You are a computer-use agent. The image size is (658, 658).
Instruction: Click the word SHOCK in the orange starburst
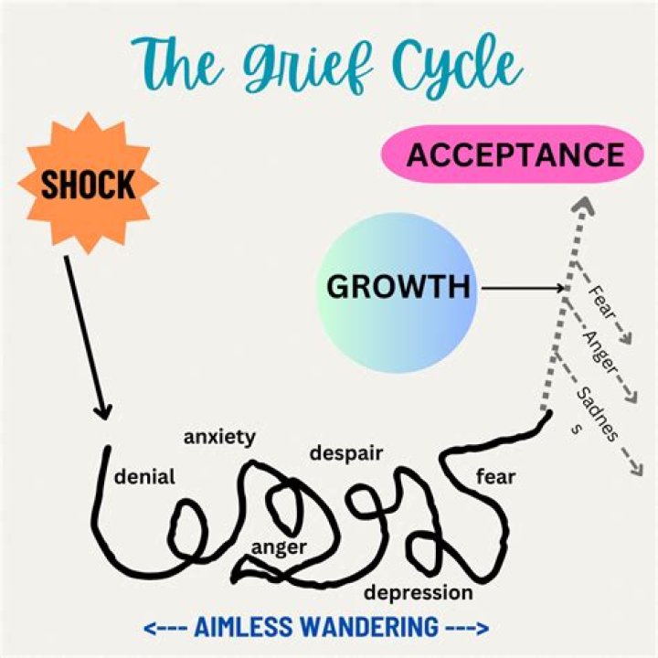(x=88, y=185)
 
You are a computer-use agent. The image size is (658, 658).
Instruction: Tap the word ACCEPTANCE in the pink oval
(x=515, y=154)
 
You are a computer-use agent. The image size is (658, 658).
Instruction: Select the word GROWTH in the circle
(x=398, y=287)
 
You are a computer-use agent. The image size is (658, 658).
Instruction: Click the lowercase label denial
(x=144, y=477)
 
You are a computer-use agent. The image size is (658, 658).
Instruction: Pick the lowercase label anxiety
(x=219, y=438)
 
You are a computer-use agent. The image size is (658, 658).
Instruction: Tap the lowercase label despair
(x=346, y=453)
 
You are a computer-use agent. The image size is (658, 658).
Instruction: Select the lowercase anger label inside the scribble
(x=279, y=547)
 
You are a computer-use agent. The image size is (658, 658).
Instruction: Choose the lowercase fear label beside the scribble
(x=495, y=477)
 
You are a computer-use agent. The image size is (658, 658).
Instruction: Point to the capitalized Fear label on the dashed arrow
(x=601, y=302)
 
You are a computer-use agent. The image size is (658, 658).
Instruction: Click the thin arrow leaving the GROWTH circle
(x=523, y=288)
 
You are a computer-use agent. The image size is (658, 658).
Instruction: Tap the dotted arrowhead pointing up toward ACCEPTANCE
(x=583, y=206)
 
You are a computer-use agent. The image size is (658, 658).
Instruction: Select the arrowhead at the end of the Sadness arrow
(x=637, y=468)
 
